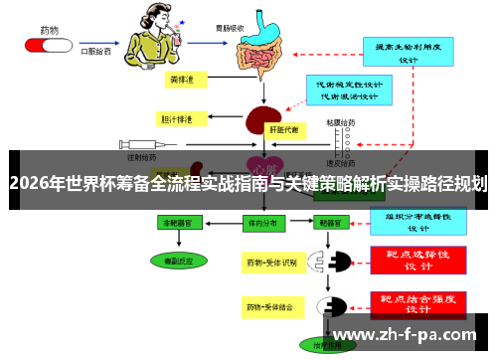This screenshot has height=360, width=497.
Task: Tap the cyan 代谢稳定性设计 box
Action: pyautogui.click(x=344, y=90)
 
